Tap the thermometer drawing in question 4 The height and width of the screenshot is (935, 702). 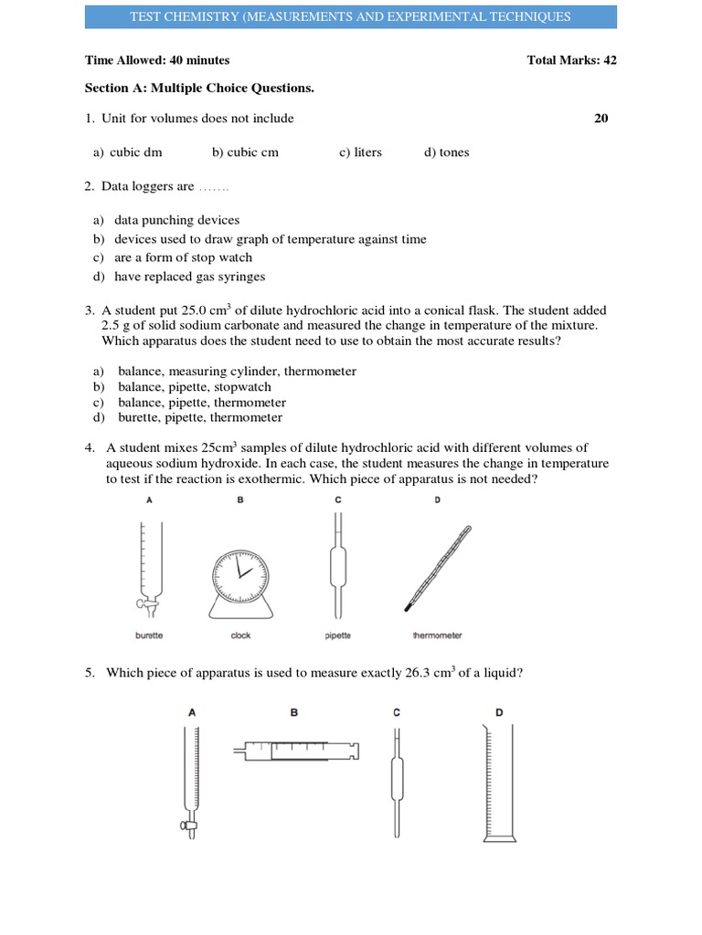(440, 567)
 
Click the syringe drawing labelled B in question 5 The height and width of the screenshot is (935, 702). (296, 751)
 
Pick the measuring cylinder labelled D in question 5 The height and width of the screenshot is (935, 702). (499, 785)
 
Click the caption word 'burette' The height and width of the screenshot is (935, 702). (149, 635)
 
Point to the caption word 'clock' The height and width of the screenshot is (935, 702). (240, 635)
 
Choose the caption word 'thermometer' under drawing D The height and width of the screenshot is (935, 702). (438, 635)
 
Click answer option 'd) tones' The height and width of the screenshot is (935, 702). (446, 152)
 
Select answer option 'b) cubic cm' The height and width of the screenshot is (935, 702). (245, 152)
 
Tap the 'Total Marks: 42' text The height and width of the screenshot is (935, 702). (571, 60)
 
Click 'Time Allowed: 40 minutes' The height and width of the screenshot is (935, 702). (157, 60)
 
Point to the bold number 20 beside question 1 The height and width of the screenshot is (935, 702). (601, 118)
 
